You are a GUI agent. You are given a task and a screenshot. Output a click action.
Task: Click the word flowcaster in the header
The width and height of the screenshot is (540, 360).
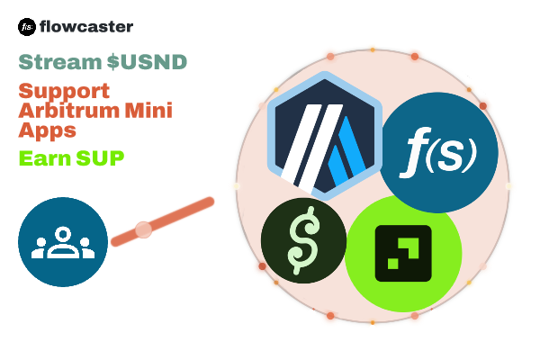87,27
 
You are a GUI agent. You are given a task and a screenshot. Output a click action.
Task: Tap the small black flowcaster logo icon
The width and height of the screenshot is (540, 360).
27,27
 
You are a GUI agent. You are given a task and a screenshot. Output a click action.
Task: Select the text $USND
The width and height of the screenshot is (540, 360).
147,62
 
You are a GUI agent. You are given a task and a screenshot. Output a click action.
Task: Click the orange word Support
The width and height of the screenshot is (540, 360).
64,91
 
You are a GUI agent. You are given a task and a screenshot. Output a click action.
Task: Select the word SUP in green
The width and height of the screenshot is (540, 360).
102,158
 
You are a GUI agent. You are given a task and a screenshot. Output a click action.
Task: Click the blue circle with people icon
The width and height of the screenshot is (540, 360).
63,242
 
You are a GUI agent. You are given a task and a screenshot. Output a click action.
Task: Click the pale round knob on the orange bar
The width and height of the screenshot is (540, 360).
143,229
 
